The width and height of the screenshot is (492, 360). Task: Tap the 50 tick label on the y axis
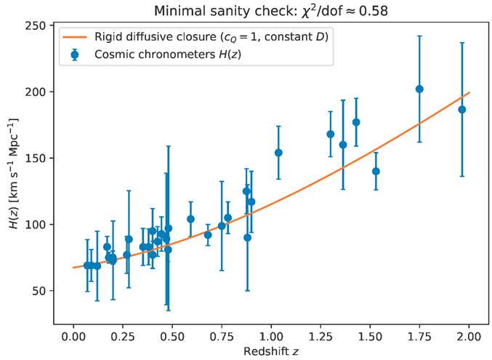[36, 291]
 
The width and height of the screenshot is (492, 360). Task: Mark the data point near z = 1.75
[419, 89]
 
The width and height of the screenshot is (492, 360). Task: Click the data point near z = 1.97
[462, 110]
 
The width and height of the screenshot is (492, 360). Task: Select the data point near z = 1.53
[376, 171]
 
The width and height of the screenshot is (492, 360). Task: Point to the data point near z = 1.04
[278, 153]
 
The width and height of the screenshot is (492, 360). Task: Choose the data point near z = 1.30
[331, 134]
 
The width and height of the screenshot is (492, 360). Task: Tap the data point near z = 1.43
[356, 122]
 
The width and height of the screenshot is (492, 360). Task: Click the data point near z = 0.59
[190, 219]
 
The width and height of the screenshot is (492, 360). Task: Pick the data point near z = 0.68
[208, 234]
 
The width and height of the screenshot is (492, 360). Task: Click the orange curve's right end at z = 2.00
[469, 93]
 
